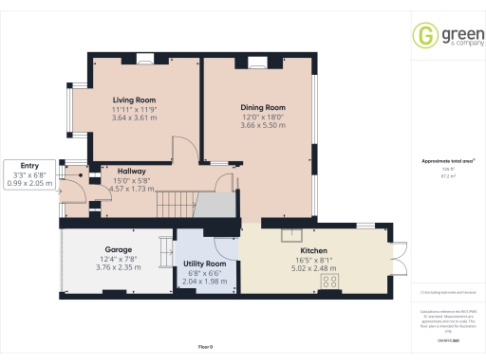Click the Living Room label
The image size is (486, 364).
point(135,100)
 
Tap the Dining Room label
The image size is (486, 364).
point(262,107)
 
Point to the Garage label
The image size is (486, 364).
point(118,249)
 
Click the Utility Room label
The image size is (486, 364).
point(204,263)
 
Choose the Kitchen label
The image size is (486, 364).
point(312,249)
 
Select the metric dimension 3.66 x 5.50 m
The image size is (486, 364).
point(262,126)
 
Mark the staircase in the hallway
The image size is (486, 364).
point(176,203)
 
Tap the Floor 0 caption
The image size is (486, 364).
point(206,348)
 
